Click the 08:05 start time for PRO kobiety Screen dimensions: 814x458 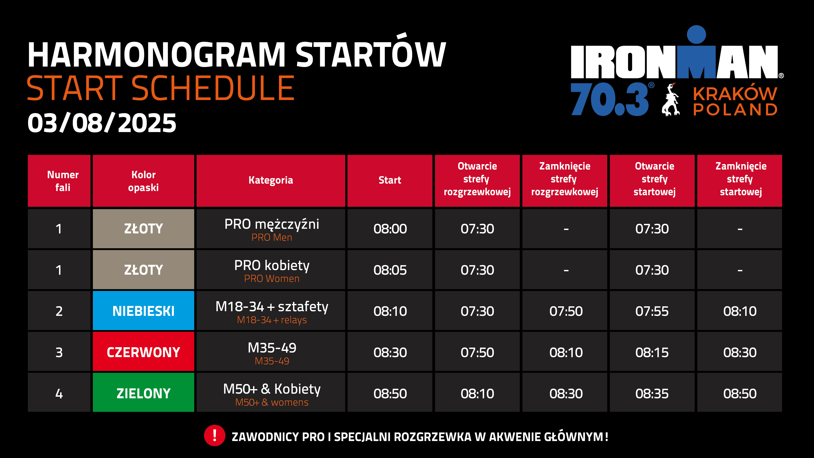coord(390,270)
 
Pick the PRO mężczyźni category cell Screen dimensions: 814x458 coord(271,229)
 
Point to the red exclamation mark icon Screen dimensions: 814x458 coord(215,436)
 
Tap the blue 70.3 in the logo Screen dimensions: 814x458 coord(610,99)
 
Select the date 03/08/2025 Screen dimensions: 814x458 coord(102,123)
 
